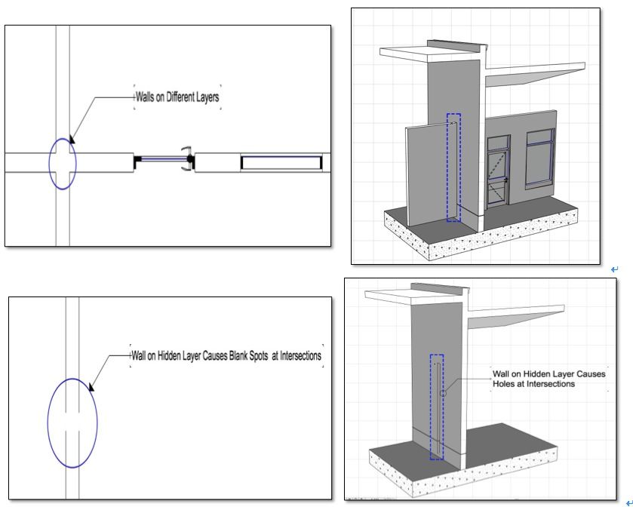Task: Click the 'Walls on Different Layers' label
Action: coord(177,97)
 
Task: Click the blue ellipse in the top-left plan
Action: coord(49,164)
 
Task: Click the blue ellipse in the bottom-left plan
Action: coord(48,423)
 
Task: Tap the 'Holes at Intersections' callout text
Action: coord(533,384)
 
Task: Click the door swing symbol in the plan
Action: coord(187,159)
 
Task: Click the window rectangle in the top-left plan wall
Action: coord(281,163)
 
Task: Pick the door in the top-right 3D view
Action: coord(499,171)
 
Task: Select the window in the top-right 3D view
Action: coord(540,158)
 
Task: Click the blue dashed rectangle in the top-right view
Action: coord(447,167)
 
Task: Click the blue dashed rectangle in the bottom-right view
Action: coord(430,407)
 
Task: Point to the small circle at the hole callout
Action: coord(443,393)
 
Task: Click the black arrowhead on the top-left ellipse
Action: coord(72,139)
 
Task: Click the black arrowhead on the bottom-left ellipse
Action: coord(91,386)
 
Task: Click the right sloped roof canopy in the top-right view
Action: coord(535,75)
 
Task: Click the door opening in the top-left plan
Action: coord(164,159)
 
